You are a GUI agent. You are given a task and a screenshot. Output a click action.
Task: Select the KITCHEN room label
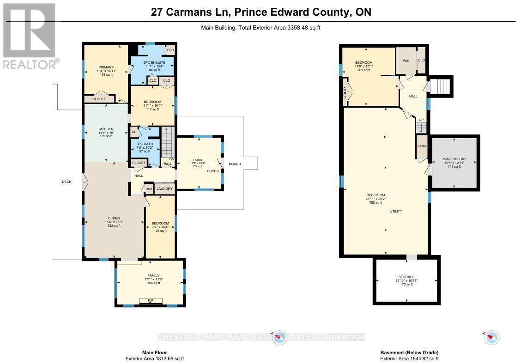pos(106,129)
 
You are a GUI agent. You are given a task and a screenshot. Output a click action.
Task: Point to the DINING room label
pos(114,218)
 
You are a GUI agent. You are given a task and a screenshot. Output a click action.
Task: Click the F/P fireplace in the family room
pos(151,301)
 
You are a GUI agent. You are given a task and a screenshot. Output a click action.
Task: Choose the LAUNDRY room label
pos(164,188)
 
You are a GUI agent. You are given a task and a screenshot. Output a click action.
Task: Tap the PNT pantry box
pos(149,189)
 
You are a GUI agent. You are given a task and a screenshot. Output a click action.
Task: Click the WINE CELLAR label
pos(455,159)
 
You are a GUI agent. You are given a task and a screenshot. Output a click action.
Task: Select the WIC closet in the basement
pos(406,61)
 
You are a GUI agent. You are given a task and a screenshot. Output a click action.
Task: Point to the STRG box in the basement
pos(422,146)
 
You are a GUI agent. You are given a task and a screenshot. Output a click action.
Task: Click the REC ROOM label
pos(376,195)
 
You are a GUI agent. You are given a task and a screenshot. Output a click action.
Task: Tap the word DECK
pos(67,182)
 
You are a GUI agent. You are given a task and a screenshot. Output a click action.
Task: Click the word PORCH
pos(235,164)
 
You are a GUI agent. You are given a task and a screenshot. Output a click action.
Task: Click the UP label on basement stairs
pos(420,120)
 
